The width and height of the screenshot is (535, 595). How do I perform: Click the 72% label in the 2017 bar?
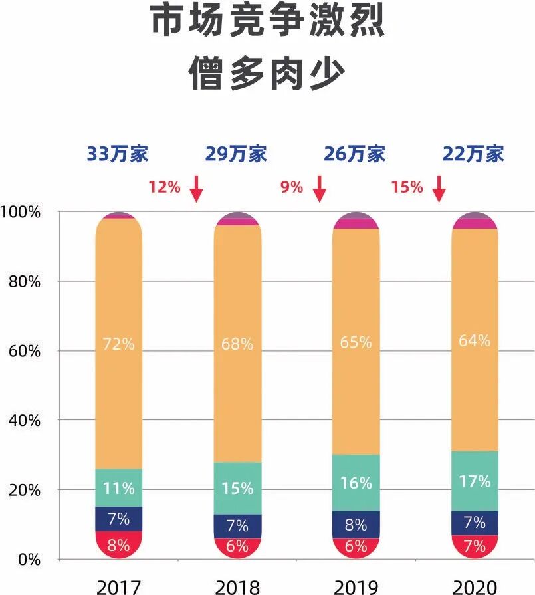(118, 344)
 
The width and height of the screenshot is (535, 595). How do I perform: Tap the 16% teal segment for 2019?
(356, 483)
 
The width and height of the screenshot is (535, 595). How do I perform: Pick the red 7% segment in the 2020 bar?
(475, 546)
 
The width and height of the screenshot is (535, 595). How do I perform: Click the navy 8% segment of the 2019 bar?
(356, 525)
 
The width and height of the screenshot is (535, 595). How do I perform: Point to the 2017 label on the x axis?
(119, 586)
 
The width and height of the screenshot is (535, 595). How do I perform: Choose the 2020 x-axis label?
(475, 586)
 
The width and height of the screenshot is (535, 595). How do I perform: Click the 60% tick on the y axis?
(23, 351)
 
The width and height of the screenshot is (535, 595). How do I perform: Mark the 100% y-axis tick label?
(21, 212)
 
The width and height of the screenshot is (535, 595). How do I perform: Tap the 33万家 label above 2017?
(118, 154)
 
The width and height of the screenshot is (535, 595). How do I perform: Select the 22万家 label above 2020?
(474, 154)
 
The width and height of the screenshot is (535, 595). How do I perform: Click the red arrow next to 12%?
(195, 188)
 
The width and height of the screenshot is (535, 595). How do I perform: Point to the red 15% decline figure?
(407, 187)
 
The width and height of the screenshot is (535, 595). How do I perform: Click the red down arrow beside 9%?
(320, 188)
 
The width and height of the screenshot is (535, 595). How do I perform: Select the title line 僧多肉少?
(267, 74)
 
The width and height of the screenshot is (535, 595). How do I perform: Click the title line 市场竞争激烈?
(267, 23)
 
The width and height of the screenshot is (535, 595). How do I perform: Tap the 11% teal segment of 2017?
(118, 488)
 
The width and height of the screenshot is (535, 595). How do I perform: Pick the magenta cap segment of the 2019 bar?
(356, 224)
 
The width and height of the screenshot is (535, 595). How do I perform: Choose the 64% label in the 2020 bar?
(475, 340)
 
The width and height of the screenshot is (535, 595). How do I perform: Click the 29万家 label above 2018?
(236, 154)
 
